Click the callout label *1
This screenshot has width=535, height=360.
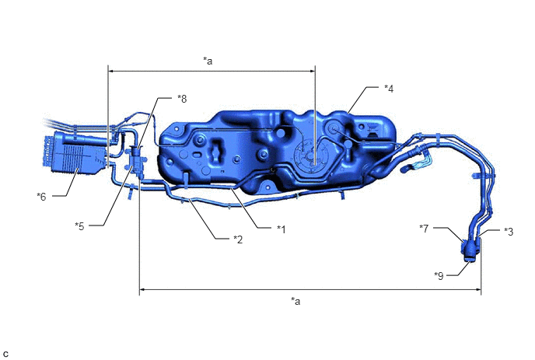tap(281, 229)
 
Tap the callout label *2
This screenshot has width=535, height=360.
tap(238, 239)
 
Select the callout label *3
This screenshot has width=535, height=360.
tap(509, 232)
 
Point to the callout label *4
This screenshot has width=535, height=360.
tap(389, 89)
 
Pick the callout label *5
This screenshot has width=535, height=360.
tap(79, 226)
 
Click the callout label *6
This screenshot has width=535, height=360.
tap(42, 197)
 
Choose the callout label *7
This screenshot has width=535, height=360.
tap(424, 229)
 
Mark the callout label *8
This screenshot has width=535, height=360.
tap(182, 99)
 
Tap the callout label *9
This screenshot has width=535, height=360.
tap(439, 275)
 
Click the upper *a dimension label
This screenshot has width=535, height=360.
tap(208, 61)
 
